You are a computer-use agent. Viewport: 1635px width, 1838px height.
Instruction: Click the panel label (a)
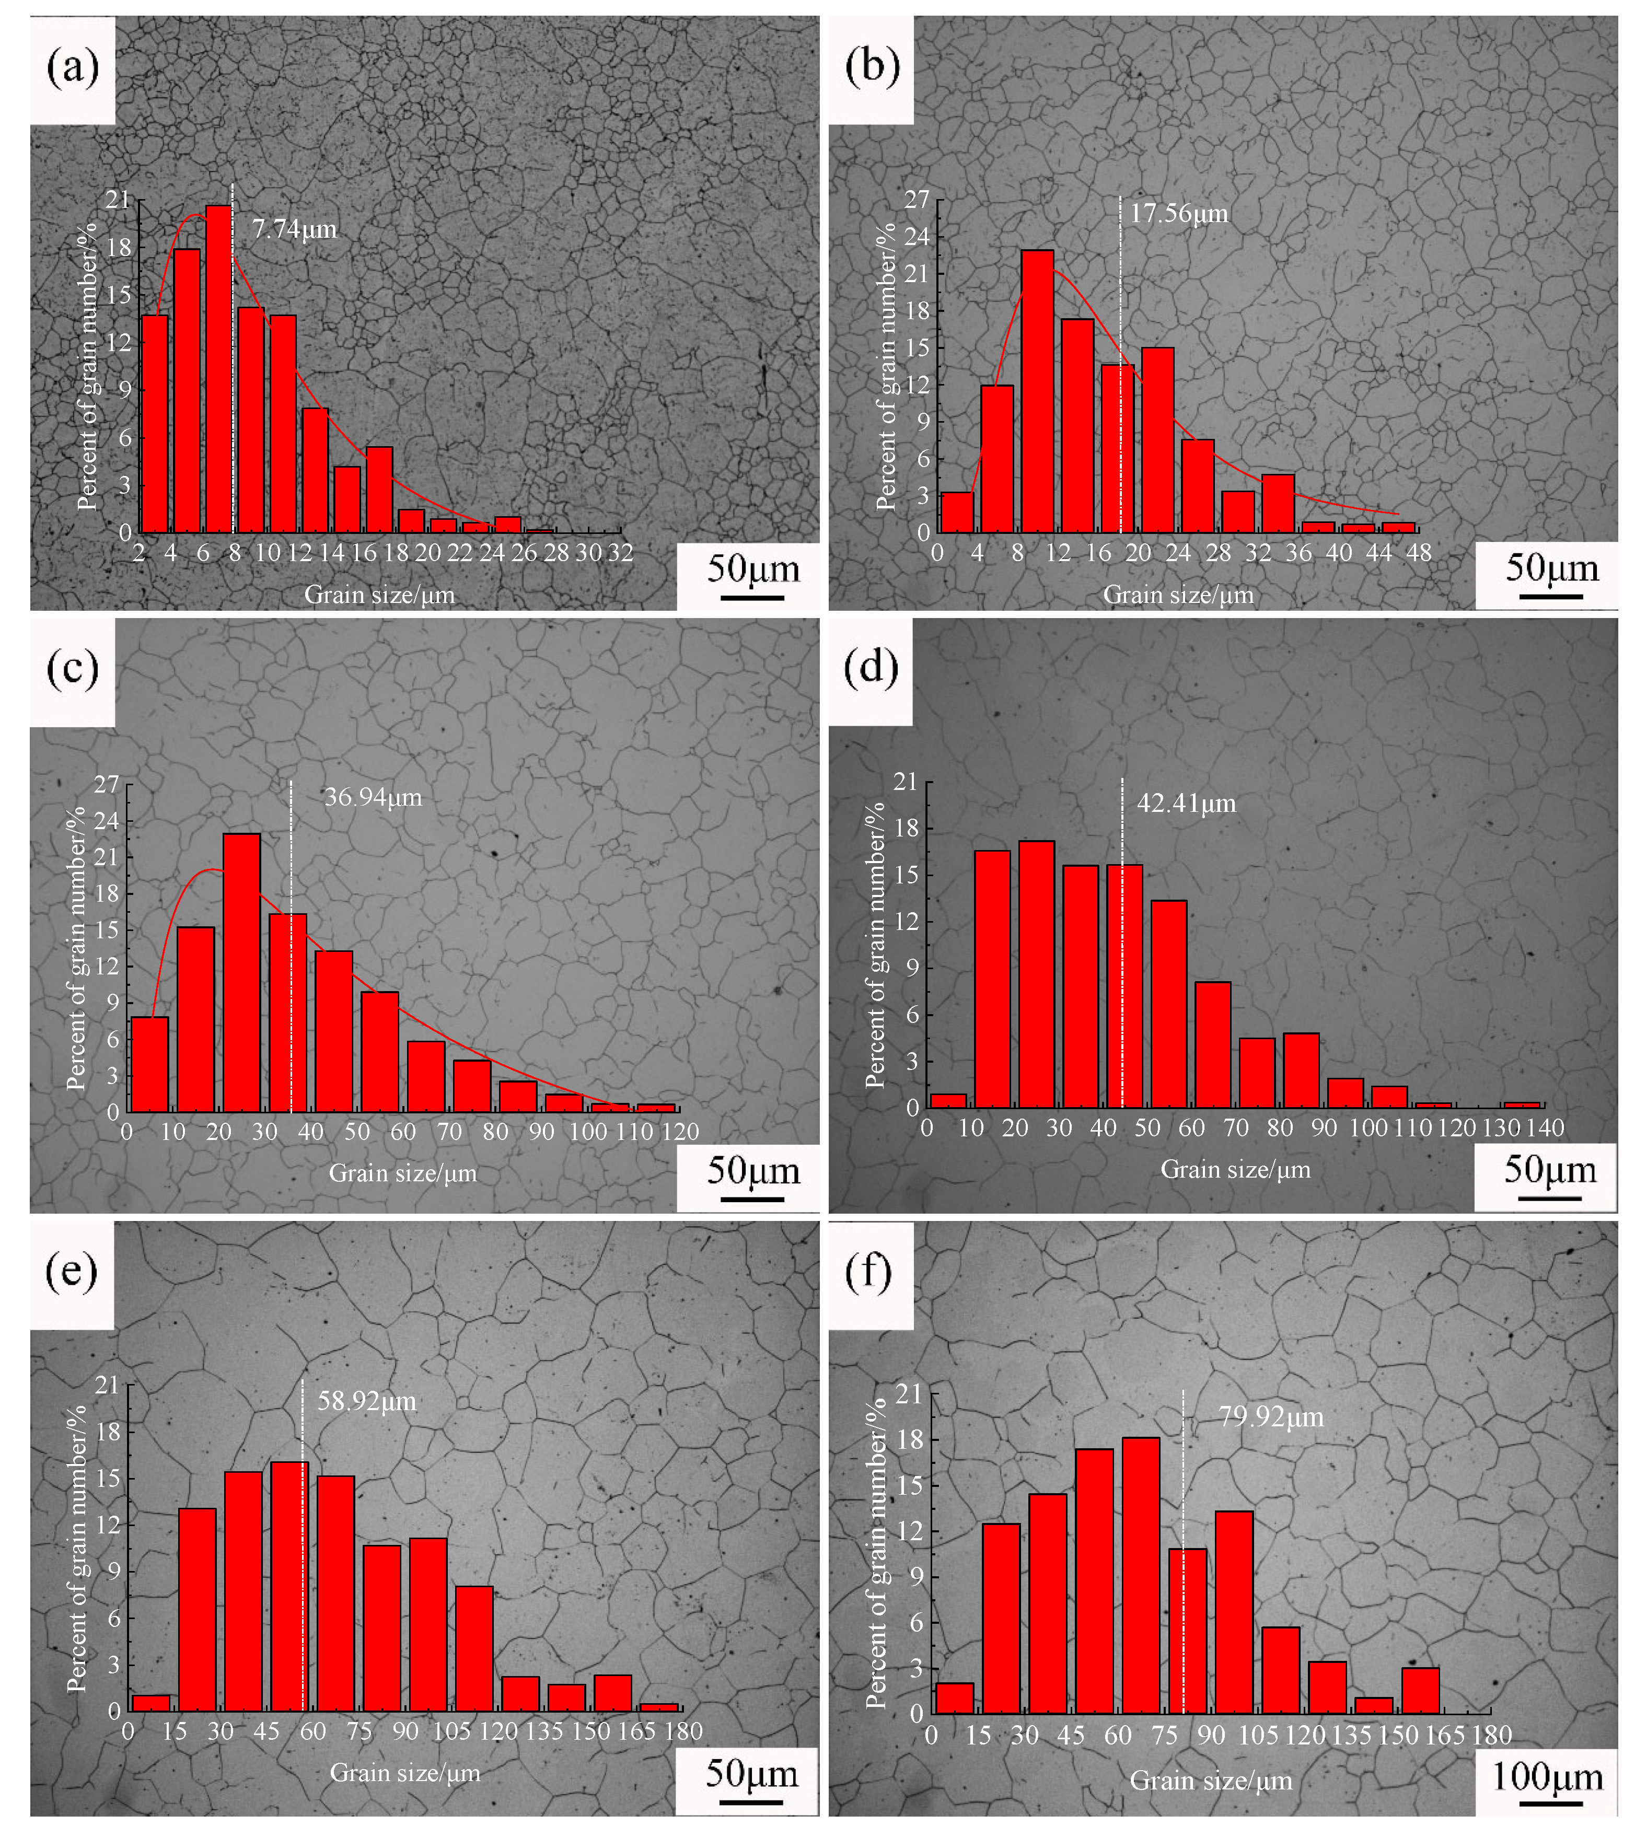click(72, 67)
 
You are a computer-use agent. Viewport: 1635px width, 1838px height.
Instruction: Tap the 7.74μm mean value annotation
click(294, 229)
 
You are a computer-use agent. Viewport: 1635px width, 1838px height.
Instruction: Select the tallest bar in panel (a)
click(218, 369)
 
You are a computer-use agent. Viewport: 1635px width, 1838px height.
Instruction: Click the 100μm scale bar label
click(1547, 1777)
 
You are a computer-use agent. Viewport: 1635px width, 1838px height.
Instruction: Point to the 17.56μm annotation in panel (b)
click(1179, 214)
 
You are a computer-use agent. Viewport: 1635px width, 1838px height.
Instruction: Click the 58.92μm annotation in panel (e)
click(367, 1402)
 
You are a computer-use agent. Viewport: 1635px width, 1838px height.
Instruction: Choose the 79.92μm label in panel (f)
click(1271, 1417)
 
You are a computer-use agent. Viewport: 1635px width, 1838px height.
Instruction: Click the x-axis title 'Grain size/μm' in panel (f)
click(1211, 1781)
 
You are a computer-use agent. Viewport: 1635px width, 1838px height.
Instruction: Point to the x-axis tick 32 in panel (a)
click(621, 553)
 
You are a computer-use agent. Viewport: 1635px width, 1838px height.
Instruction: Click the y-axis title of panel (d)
click(874, 944)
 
